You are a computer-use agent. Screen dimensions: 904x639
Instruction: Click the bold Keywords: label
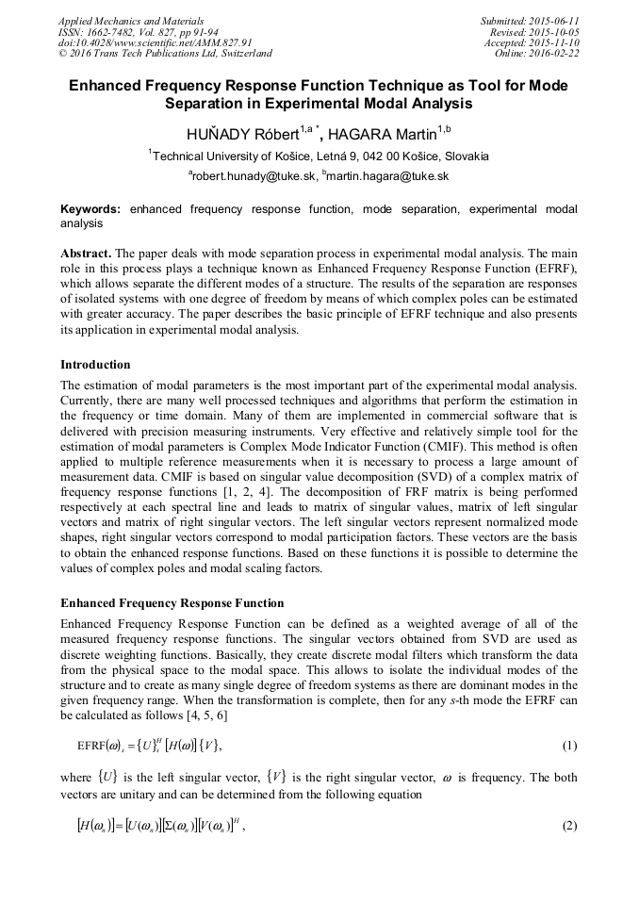tap(92, 209)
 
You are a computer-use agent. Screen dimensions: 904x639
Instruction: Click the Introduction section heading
tap(95, 364)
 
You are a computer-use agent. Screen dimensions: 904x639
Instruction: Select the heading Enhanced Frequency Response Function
tap(172, 602)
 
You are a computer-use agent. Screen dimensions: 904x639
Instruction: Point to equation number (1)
tap(568, 747)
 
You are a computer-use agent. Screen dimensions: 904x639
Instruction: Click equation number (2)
tap(568, 826)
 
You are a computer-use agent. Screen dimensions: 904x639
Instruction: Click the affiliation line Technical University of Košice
tap(319, 156)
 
